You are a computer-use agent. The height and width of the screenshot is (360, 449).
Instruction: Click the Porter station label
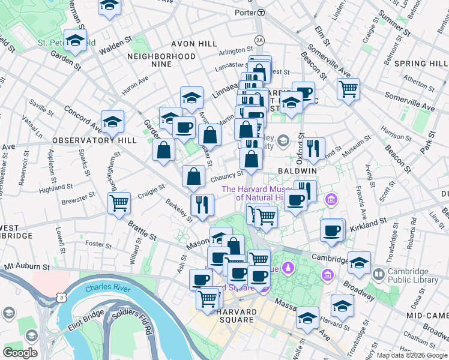245,12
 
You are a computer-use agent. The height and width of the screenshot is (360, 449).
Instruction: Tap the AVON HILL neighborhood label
194,44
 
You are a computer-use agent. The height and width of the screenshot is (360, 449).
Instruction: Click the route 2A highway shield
259,40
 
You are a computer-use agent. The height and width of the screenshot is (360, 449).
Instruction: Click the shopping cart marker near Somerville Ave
348,89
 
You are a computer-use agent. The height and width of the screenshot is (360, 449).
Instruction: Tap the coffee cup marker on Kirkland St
331,230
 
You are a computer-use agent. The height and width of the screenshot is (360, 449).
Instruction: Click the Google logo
20,353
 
